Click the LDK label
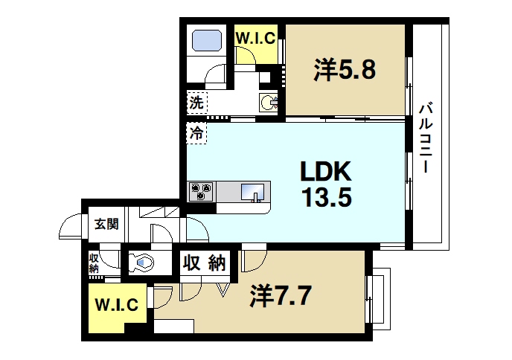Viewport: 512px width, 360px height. coord(324,173)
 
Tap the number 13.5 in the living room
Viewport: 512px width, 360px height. coord(324,198)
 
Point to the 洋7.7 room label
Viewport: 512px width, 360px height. coord(279,296)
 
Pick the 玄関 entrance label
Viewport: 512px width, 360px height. coord(106,223)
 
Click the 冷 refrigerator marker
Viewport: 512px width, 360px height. coord(196,134)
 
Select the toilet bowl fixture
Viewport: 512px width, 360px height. coord(142,262)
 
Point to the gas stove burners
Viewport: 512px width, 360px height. coord(201,192)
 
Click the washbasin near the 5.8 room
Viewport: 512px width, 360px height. coord(269,102)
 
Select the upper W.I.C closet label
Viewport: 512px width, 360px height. coord(256,36)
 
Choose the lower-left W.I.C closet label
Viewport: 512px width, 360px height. coord(116,304)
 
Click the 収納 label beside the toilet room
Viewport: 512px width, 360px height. coord(203,263)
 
